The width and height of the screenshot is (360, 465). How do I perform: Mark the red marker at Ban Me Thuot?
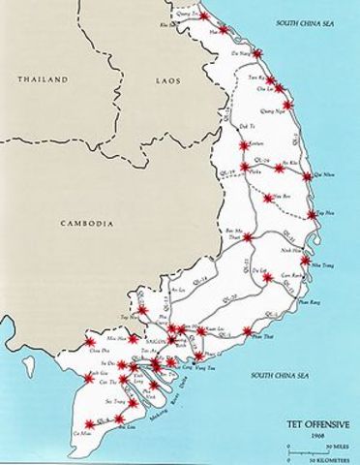[247, 237]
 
